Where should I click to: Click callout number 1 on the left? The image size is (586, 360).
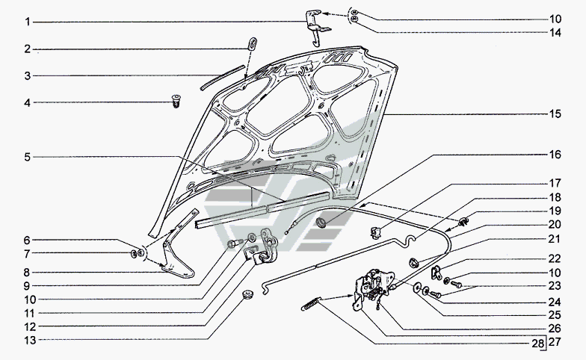coord(27,22)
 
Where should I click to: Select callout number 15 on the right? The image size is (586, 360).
coord(555,114)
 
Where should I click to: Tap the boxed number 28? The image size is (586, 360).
coord(537,344)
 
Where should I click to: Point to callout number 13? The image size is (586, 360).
coord(30,341)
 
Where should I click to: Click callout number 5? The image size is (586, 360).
coord(27,157)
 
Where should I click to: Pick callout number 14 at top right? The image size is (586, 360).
coord(555,33)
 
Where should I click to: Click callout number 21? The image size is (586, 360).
coord(555,239)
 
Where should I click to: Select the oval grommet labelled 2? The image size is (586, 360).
coord(253,43)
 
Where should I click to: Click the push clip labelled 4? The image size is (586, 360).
coord(175,102)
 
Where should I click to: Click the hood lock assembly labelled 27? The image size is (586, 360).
coord(373,288)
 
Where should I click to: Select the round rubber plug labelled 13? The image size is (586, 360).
coord(247,294)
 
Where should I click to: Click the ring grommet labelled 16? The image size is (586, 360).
coord(321,221)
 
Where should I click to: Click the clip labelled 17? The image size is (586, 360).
coord(375,233)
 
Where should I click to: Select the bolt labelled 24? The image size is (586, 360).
coord(434,294)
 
